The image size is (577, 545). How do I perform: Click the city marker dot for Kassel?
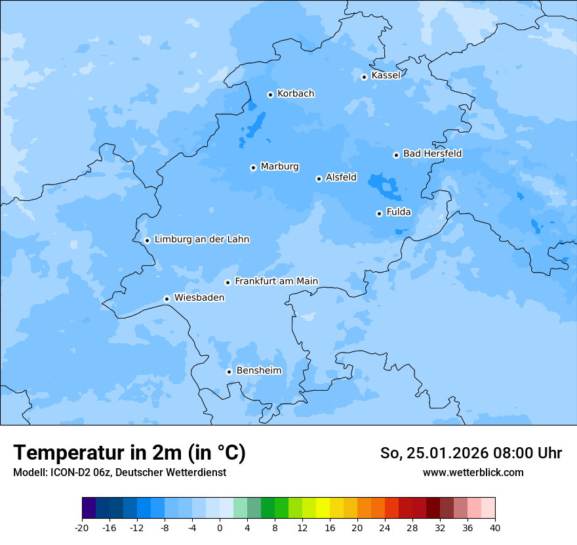pos(364,77)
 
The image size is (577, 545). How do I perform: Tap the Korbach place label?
pos(296,94)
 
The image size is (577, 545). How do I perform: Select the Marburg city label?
pos(279,167)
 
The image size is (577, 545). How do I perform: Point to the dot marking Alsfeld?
pos(319,179)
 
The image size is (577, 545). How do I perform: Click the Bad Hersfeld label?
pos(432,154)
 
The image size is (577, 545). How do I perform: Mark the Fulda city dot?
pos(379,213)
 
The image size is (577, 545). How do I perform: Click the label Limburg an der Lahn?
pos(201,240)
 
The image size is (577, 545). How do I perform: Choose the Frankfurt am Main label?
pos(276,281)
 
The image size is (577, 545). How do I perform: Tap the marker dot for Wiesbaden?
pos(167,299)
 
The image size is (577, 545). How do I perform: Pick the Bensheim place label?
pos(258,370)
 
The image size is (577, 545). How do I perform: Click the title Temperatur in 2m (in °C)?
pos(129,453)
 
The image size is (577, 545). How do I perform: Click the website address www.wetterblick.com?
pos(473,472)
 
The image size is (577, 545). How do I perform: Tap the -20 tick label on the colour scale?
pos(82,528)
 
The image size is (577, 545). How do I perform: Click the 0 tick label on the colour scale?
pos(220,528)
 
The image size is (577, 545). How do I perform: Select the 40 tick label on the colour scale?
pos(494,528)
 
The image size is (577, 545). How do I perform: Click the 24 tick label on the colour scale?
pos(385,528)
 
